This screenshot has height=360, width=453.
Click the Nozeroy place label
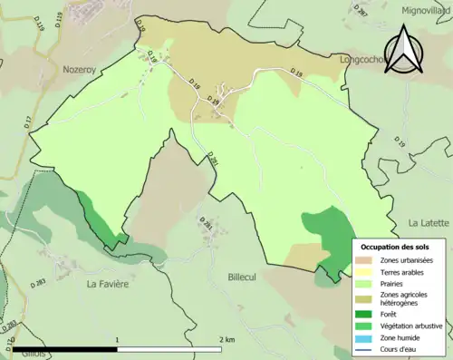[85, 68]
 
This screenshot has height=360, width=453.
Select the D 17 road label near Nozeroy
[28, 121]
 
